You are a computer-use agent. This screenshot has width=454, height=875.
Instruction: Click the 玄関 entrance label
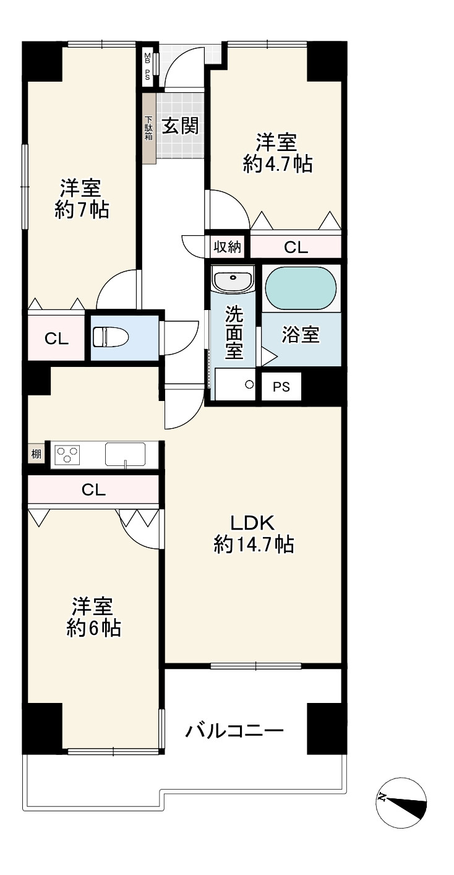(181, 126)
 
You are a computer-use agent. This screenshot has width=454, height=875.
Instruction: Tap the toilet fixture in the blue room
(111, 337)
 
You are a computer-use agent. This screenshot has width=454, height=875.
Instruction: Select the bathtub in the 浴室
(301, 288)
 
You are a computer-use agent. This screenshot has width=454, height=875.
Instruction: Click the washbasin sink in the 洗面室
(233, 279)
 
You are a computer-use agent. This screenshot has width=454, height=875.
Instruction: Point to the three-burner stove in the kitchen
(68, 455)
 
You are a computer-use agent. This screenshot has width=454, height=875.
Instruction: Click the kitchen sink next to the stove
(125, 454)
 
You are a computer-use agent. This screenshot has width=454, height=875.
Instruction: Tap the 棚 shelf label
(36, 454)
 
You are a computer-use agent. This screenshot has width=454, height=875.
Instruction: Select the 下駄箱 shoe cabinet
(148, 128)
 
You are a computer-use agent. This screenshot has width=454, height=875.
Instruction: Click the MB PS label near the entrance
(148, 66)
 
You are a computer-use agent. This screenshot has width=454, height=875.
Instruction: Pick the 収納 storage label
(227, 247)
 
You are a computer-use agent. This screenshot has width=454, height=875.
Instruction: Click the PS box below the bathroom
(281, 387)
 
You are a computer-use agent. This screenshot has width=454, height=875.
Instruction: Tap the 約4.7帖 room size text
(278, 163)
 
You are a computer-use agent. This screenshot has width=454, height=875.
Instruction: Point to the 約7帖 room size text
(82, 210)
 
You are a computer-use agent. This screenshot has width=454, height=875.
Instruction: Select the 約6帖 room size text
(93, 629)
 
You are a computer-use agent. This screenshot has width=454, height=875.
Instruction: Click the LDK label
(253, 523)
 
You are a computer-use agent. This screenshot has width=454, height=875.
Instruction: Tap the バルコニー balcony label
(234, 730)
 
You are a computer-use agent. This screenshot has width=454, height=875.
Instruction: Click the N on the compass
(382, 796)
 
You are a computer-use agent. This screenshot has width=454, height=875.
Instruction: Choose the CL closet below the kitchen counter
(93, 489)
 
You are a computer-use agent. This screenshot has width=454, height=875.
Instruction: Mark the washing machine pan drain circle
(249, 384)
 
